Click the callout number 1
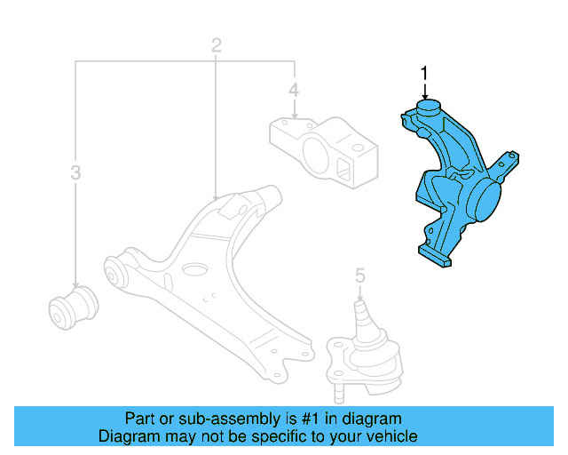[x=424, y=72]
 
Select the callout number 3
[x=75, y=172]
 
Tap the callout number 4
[x=293, y=90]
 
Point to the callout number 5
[x=359, y=277]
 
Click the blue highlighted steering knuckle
[x=448, y=187]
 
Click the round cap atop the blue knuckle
[x=428, y=109]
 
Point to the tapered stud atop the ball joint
[x=363, y=313]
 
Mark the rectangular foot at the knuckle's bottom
[x=438, y=257]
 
